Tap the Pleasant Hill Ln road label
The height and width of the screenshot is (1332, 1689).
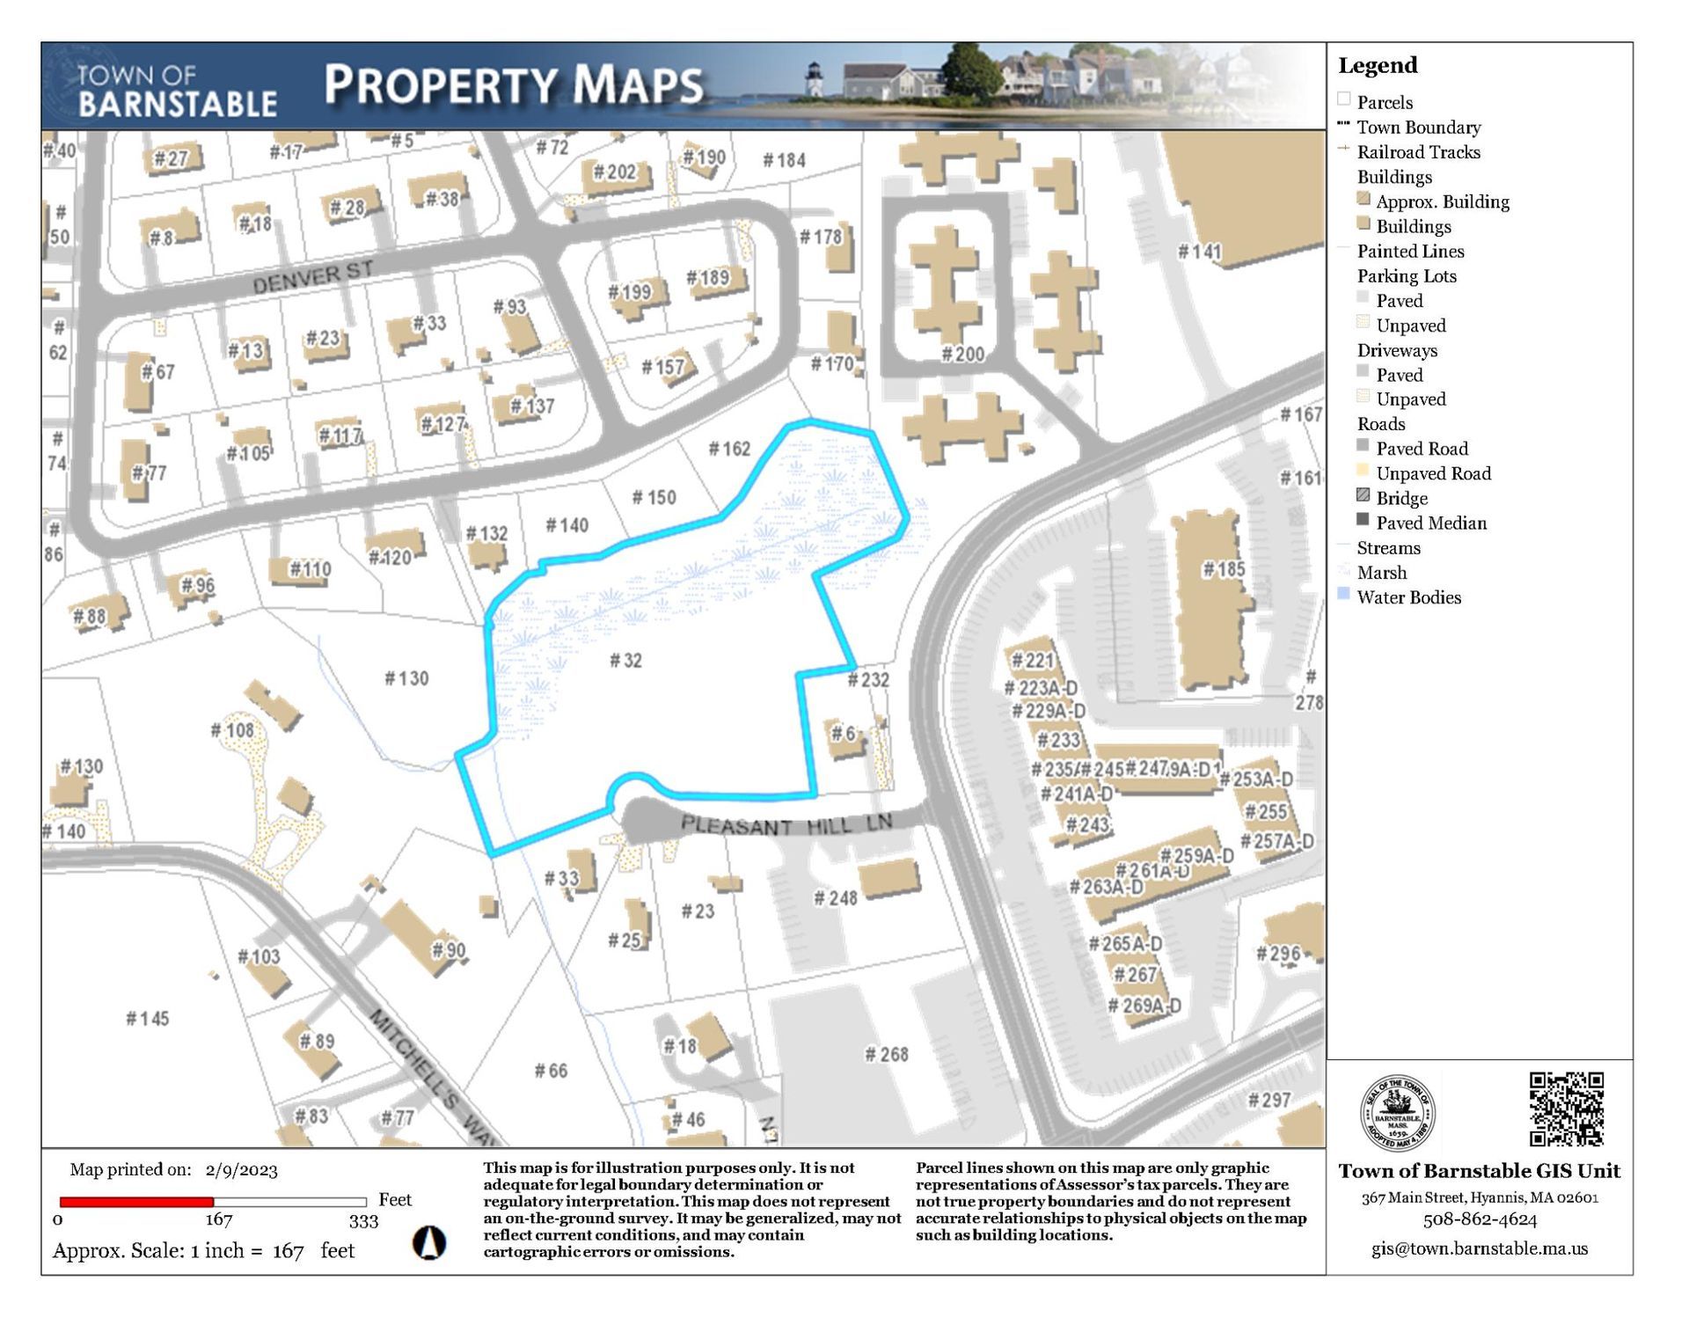pos(786,825)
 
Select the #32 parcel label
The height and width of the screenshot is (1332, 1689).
pos(625,661)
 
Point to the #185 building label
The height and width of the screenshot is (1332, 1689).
pos(1224,569)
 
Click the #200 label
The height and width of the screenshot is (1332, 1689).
pos(962,355)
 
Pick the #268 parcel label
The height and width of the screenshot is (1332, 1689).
pos(886,1054)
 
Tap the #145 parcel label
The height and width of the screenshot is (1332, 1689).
pos(147,1019)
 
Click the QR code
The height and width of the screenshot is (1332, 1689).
pos(1566,1109)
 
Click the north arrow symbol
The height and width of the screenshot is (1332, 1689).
pos(429,1242)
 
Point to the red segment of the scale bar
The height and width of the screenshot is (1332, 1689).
pos(136,1202)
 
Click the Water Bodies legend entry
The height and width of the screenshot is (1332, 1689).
pos(1408,597)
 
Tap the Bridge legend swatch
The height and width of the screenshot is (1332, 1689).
pos(1364,496)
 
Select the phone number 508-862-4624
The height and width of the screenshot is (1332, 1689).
pos(1480,1220)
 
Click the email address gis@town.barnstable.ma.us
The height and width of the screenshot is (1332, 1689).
pos(1480,1248)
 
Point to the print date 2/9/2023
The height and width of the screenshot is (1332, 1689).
pos(241,1170)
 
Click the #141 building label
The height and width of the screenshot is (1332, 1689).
pos(1200,252)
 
